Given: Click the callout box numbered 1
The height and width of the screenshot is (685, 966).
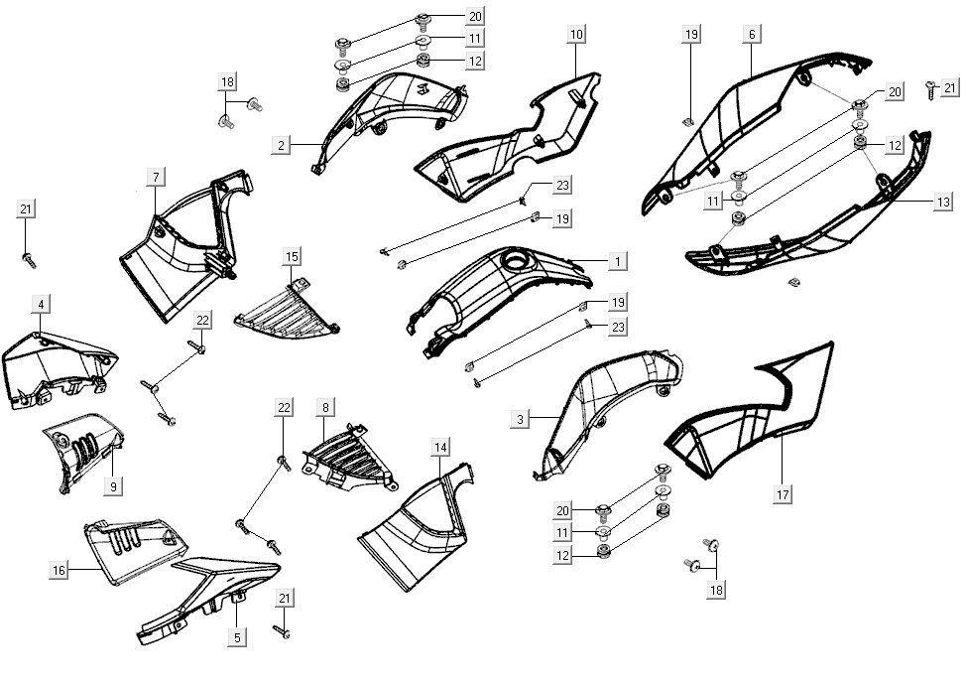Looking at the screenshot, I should click(617, 262).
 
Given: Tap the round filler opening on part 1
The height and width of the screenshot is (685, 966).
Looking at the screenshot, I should click(518, 262).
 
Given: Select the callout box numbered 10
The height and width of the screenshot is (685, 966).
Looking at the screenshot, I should click(576, 35).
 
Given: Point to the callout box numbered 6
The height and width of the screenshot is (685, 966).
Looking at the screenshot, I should click(753, 35).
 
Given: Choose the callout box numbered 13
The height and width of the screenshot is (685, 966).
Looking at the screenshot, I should click(942, 202).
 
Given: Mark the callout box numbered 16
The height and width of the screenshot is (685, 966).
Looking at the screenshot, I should click(59, 570).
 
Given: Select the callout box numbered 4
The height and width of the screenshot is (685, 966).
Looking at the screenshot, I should click(40, 303).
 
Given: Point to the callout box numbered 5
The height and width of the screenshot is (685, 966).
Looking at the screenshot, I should click(237, 638).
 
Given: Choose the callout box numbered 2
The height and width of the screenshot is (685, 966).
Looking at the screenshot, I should click(282, 146).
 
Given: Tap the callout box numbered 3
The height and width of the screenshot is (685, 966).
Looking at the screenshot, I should click(520, 420).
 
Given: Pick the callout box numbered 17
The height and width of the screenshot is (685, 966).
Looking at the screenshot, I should click(783, 494).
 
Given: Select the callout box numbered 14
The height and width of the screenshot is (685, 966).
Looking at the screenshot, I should click(439, 449).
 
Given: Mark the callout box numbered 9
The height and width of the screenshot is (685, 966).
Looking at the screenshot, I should click(114, 487).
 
